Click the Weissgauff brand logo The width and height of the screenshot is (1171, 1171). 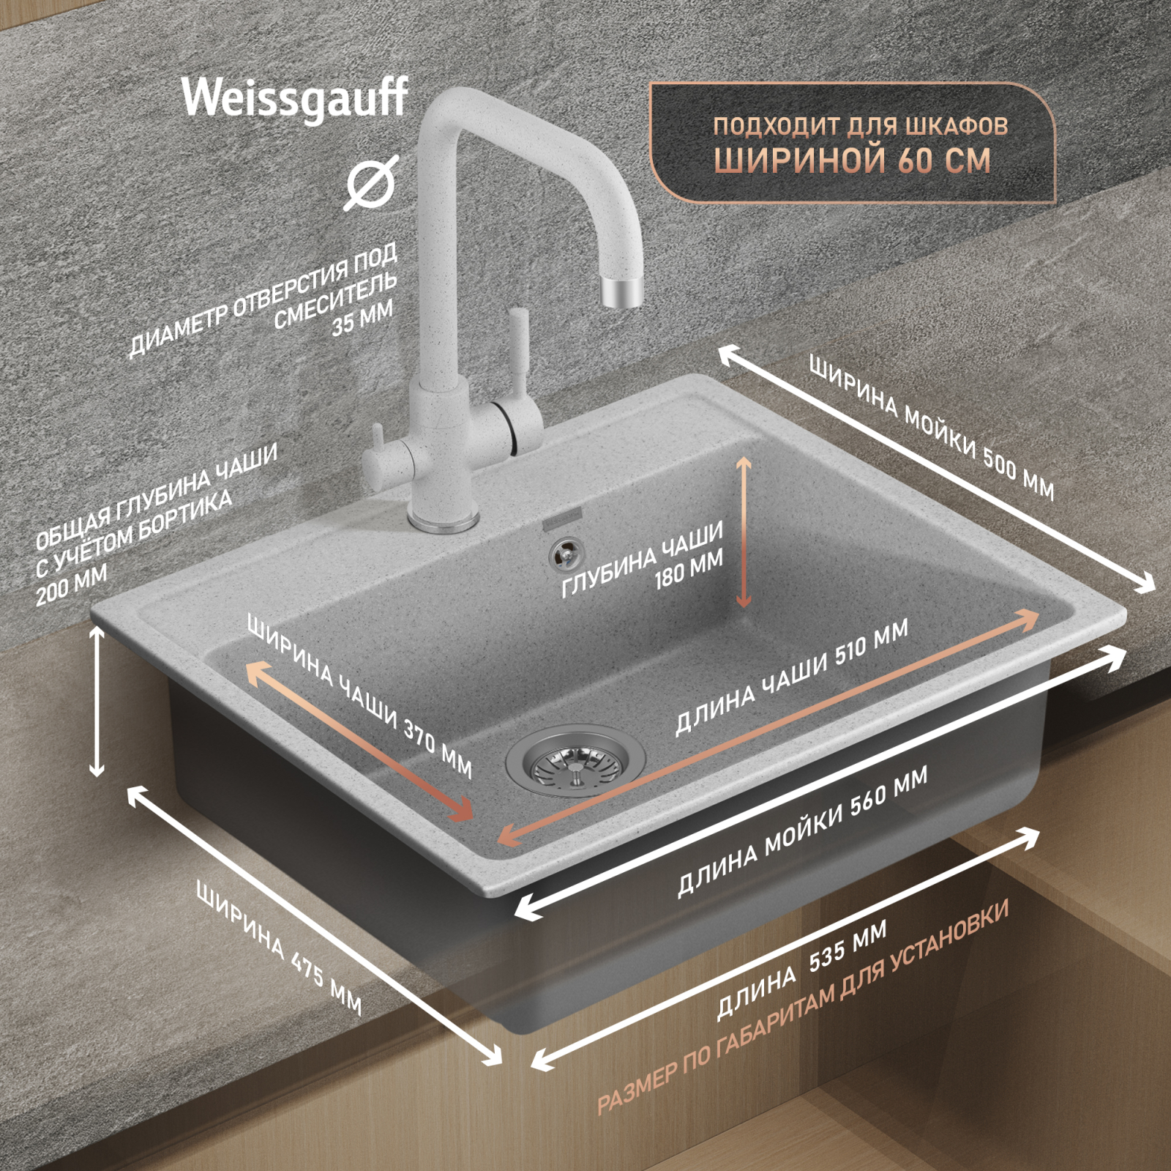pyautogui.click(x=294, y=98)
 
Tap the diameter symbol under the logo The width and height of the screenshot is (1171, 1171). pyautogui.click(x=372, y=182)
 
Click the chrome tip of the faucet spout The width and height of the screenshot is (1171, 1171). pyautogui.click(x=621, y=291)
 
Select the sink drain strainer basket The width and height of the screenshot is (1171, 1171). pyautogui.click(x=575, y=762)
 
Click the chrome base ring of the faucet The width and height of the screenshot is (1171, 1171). pyautogui.click(x=444, y=521)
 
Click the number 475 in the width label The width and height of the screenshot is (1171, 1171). pyautogui.click(x=308, y=967)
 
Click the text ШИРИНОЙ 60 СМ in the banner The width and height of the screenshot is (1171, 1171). pyautogui.click(x=853, y=160)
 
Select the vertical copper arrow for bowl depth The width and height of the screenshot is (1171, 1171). pyautogui.click(x=744, y=532)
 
